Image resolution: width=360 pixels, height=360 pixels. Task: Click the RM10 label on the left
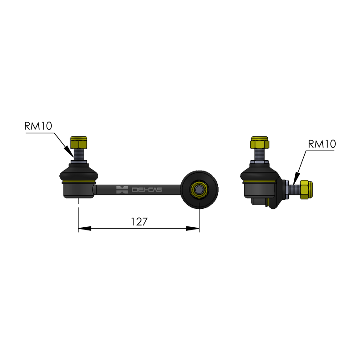pos(38,126)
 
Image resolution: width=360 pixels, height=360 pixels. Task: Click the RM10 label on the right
pos(322,144)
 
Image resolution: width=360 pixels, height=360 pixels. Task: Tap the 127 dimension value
pos(139,222)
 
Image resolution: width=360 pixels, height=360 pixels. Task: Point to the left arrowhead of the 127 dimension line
pos(85,229)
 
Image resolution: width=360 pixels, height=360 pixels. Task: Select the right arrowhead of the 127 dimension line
pos(193,229)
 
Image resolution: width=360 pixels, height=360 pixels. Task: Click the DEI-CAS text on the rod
pos(147,189)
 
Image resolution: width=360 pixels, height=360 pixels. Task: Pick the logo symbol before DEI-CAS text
pos(122,189)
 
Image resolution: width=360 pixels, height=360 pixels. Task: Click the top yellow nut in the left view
pos(79,142)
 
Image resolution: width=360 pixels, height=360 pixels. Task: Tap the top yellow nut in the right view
pos(260,142)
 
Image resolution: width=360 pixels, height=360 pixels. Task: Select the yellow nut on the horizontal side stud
pos(306,189)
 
